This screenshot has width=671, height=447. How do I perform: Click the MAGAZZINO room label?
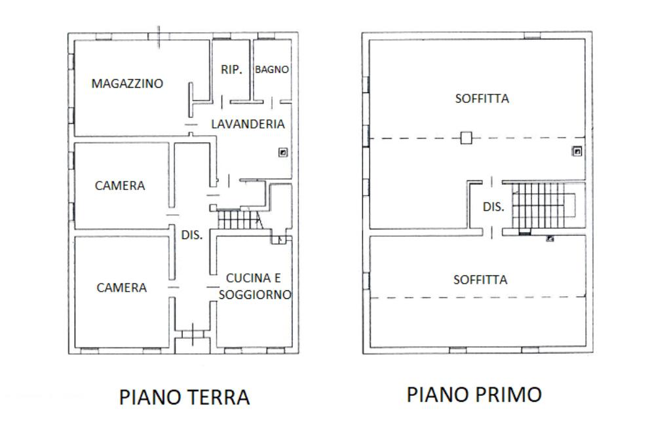pos(127,83)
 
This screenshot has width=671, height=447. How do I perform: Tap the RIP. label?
pos(231,69)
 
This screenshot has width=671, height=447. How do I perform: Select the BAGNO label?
pos(272,69)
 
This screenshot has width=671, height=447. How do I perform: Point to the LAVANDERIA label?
pos(248,124)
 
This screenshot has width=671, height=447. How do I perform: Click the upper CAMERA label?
pos(120,186)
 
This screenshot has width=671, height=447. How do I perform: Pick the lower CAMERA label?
pos(121,288)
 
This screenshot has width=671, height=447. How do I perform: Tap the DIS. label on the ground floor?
pos(192,235)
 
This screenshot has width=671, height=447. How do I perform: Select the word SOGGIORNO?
pos(255,294)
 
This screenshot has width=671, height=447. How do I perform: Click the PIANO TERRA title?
pos(184,397)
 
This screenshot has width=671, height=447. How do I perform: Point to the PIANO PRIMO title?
pos(474,395)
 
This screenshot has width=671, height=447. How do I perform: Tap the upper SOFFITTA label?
pos(482,99)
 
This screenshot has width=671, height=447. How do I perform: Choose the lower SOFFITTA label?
pos(480,280)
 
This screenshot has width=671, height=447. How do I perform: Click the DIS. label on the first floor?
pos(493,207)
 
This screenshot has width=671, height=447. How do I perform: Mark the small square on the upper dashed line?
pos(466,138)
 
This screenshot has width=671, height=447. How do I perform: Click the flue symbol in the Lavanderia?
pos(283,153)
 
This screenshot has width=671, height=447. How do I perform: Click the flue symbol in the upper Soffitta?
pos(577,151)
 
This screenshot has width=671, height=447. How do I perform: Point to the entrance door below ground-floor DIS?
pos(193,334)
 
